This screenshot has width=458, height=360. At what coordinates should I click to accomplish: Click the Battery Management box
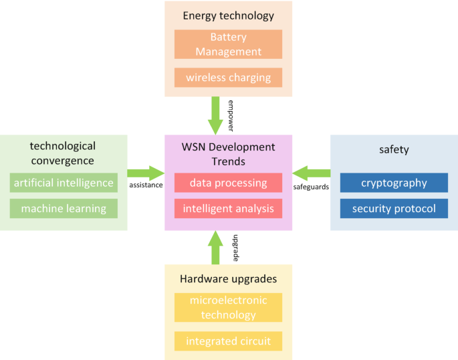(x=228, y=44)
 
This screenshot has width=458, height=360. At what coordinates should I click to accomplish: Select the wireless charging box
(x=228, y=78)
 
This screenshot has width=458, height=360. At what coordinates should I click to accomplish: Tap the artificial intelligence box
(x=64, y=183)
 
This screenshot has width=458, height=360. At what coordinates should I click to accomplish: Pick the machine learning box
(x=64, y=209)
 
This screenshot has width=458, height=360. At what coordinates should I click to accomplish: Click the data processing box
(x=228, y=183)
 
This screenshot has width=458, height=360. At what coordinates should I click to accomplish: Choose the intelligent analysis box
(x=228, y=209)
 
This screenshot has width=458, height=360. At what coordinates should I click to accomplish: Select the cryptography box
(x=394, y=183)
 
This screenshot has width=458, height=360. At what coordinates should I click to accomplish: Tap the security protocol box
(x=394, y=209)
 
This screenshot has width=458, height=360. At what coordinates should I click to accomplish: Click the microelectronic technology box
(x=228, y=308)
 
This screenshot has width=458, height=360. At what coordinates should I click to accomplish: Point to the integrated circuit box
(x=228, y=341)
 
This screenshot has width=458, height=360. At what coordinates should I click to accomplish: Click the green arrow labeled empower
(x=215, y=115)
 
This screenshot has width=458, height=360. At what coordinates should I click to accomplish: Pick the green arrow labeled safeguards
(x=312, y=173)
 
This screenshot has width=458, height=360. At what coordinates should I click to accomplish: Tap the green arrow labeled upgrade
(x=215, y=248)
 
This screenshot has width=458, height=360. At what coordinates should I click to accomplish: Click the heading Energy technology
(x=228, y=15)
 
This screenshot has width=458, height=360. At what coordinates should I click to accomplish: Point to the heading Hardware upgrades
(x=228, y=278)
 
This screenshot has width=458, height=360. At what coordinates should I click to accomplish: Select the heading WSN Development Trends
(x=228, y=154)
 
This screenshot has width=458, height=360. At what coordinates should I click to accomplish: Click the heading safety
(x=394, y=150)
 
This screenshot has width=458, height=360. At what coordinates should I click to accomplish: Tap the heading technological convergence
(x=64, y=153)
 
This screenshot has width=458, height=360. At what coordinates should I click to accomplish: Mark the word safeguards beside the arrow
(x=312, y=187)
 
